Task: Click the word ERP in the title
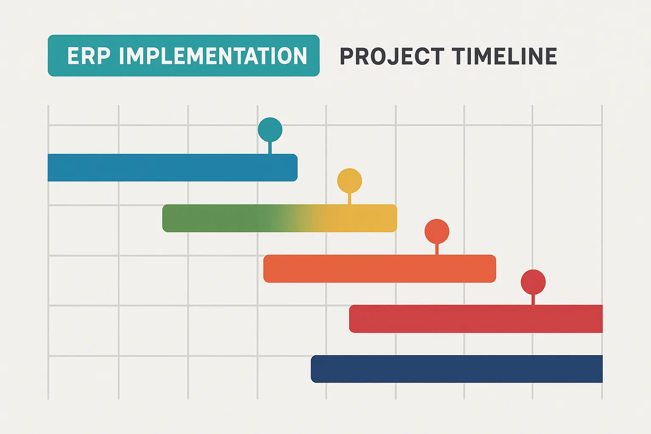(x=88, y=56)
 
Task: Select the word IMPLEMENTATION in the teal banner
(x=213, y=56)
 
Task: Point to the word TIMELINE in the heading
(x=504, y=56)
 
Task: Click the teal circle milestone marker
(x=270, y=130)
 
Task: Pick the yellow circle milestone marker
(x=350, y=181)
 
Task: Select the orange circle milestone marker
(x=437, y=231)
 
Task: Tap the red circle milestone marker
(x=533, y=282)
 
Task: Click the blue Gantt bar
(x=170, y=168)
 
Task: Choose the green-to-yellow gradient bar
(x=280, y=218)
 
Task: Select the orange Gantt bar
(x=379, y=269)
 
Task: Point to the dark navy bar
(x=456, y=369)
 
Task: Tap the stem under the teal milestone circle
(x=270, y=148)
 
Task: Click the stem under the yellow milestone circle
(x=350, y=199)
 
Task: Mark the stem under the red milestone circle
(x=533, y=299)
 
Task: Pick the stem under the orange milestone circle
(x=437, y=249)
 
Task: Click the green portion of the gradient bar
(x=212, y=218)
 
